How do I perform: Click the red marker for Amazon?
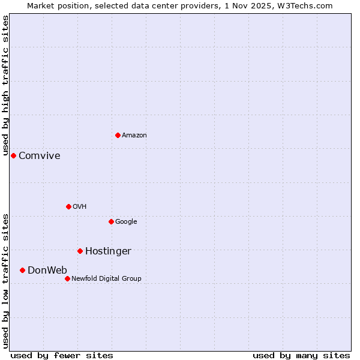(118, 135)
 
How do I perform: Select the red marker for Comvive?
(13, 155)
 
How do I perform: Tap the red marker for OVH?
(68, 206)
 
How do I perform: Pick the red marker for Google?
(111, 221)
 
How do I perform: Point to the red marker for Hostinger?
(80, 251)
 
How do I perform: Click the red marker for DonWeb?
(22, 270)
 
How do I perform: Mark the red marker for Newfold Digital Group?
(67, 278)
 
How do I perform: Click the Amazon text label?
(134, 136)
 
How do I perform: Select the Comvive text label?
(40, 156)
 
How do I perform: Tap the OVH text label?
(80, 207)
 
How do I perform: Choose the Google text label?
(126, 222)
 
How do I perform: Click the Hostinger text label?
(108, 251)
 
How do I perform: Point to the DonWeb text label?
(47, 271)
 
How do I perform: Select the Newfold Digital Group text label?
(106, 279)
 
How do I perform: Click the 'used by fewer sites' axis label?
(62, 355)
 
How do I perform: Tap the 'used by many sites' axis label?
(301, 355)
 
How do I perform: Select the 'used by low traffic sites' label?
(5, 280)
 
